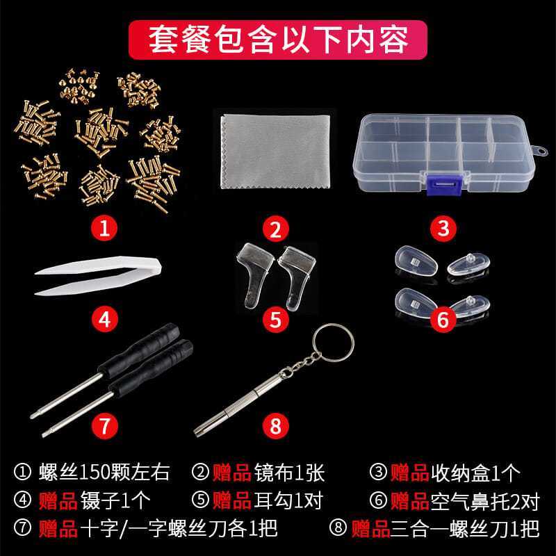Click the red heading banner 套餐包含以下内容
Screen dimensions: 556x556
click(x=277, y=40)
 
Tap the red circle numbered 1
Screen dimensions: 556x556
click(x=105, y=228)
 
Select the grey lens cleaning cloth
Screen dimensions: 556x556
click(x=275, y=152)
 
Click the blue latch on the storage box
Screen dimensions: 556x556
click(x=444, y=184)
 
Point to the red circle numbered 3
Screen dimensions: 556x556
click(x=443, y=228)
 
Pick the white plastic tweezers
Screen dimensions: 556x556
click(x=97, y=275)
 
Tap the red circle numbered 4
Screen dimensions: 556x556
click(x=105, y=319)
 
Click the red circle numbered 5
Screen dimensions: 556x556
click(x=276, y=319)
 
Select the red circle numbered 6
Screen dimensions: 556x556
click(x=443, y=319)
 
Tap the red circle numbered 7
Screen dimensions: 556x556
click(x=105, y=425)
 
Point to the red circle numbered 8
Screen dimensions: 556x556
click(x=276, y=425)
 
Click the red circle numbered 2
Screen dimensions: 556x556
click(x=276, y=228)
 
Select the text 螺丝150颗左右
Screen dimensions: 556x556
click(x=104, y=473)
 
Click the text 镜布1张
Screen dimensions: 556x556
click(x=289, y=473)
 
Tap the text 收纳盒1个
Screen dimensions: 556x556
click(x=475, y=473)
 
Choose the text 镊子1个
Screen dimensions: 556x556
click(x=115, y=500)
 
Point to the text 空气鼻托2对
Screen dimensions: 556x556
click(x=485, y=500)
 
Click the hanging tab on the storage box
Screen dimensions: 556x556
click(x=540, y=151)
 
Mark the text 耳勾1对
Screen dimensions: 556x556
click(x=288, y=500)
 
